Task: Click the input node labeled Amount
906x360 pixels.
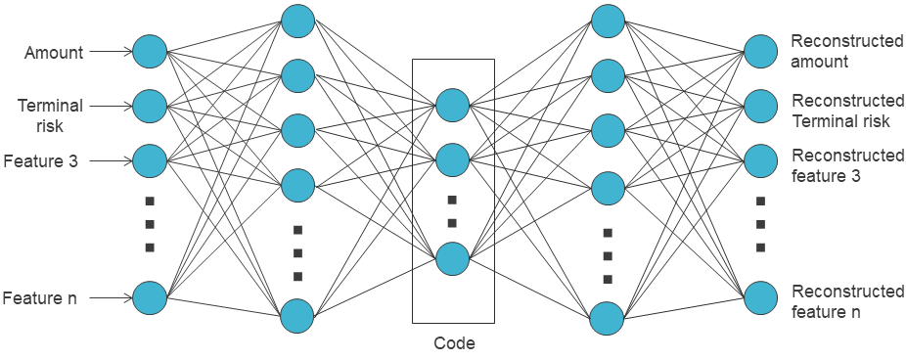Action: [x=150, y=51]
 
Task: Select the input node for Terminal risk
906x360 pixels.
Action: [x=150, y=105]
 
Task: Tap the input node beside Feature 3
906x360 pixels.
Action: [x=150, y=159]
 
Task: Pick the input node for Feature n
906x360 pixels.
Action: [x=150, y=297]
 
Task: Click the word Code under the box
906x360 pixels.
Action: [x=454, y=343]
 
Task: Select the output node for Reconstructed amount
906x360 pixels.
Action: [x=760, y=51]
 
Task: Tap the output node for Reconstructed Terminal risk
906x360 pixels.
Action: [x=760, y=105]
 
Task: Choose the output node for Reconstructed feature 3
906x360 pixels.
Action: [x=760, y=159]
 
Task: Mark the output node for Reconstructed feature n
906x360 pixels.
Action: [x=760, y=298]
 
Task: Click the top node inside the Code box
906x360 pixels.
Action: [x=453, y=105]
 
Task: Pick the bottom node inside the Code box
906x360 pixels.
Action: [x=453, y=258]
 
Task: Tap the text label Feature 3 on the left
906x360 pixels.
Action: [x=41, y=159]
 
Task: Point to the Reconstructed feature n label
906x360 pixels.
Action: [x=847, y=301]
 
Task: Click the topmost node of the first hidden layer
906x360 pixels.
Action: [x=297, y=22]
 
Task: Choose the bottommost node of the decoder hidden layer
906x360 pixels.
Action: [x=608, y=317]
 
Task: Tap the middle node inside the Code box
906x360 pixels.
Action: [x=453, y=159]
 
